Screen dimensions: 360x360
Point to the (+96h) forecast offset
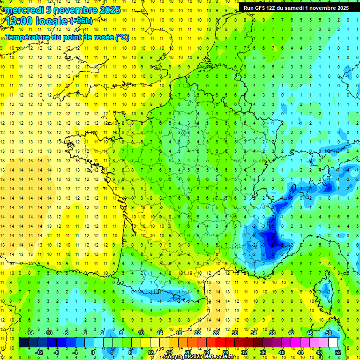(81, 21)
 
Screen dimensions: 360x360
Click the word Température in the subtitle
(28, 37)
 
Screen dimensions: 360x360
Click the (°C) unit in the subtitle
(122, 37)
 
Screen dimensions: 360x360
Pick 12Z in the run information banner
(273, 8)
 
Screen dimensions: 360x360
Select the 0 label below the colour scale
(92, 352)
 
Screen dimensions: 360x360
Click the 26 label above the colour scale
(216, 333)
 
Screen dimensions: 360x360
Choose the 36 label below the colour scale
(263, 352)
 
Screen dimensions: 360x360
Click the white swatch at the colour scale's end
(333, 343)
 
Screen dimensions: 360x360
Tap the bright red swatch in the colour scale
(220, 343)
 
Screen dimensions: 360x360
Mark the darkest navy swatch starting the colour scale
(23, 343)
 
